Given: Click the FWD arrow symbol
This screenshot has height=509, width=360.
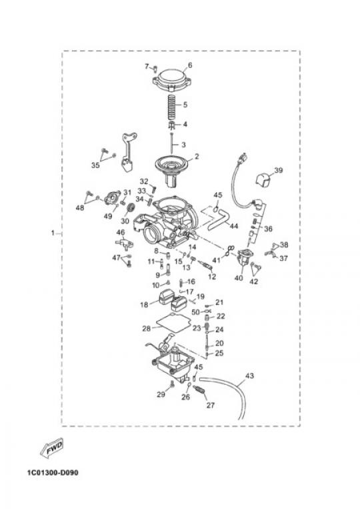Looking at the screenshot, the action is pos(52,449).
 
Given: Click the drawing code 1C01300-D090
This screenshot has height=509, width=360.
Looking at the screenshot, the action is pos(53,472).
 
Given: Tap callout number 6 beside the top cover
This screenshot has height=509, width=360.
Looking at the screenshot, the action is pos(190,65).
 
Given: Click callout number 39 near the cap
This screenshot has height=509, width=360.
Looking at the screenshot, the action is pos(278,170).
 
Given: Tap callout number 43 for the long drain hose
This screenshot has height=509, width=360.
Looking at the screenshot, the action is pos(249,376).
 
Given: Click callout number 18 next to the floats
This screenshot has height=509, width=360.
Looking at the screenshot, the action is pos(144,305).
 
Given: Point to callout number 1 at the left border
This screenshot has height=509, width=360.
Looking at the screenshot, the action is pos(53,233).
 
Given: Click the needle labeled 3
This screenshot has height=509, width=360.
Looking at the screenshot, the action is pos(172,144).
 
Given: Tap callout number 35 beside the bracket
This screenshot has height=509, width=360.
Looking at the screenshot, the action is pos(95,165).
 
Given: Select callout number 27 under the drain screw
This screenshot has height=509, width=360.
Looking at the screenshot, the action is pos(211,405).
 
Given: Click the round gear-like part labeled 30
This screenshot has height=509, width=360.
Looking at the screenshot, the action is pos(131,207).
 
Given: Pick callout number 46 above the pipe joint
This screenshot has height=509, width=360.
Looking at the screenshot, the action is pos(121,232).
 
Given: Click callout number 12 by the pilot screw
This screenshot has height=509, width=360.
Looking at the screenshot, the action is pos(212,277).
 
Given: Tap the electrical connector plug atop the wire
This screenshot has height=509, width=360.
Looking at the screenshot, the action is pos(243,158).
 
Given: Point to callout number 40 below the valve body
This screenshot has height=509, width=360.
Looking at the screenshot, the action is pos(239,278).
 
